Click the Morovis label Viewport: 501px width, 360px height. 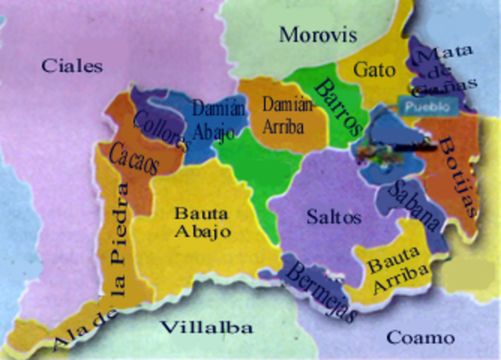318,35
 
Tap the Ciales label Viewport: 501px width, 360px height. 72,66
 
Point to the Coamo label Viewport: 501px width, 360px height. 420,338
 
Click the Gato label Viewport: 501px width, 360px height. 374,70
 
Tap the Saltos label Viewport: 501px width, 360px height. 334,217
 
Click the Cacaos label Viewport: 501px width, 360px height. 134,159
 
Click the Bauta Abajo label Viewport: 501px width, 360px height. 202,222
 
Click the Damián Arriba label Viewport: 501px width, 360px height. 287,115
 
